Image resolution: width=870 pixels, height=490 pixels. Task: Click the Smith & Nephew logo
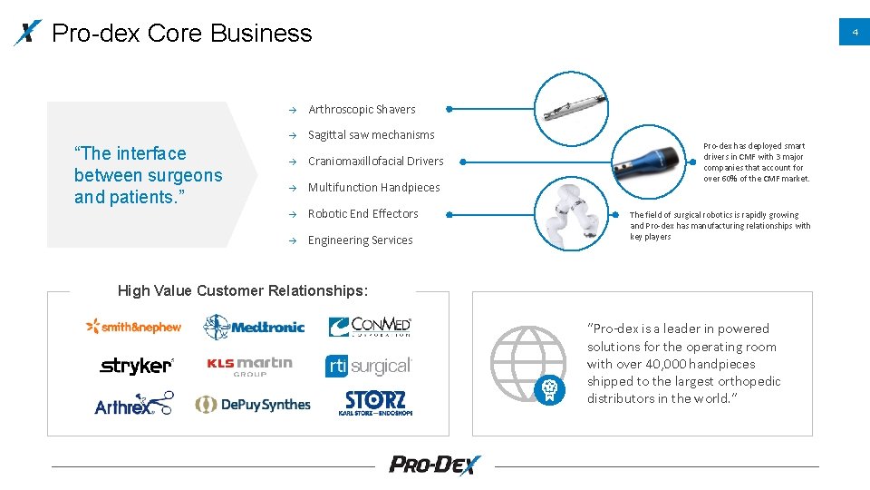133,327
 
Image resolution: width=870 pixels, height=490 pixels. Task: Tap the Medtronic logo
254,327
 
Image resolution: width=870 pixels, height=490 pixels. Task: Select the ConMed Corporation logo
370,327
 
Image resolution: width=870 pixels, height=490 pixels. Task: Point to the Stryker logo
136,366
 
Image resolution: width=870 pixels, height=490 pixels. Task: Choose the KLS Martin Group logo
249,366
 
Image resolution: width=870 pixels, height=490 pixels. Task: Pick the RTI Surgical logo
369,366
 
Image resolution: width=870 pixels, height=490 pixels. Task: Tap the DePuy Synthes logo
253,405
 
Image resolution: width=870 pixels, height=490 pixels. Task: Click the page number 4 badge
854,33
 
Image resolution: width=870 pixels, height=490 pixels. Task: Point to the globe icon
526,362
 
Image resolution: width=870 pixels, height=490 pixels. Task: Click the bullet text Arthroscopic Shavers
362,110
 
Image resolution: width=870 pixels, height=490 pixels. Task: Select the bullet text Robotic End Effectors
362,214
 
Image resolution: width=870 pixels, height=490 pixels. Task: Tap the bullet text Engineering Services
360,240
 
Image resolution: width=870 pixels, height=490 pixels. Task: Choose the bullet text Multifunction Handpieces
373,188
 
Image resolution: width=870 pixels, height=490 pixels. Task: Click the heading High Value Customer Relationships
243,291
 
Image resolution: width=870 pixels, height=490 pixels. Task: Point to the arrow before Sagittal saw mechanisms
293,136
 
